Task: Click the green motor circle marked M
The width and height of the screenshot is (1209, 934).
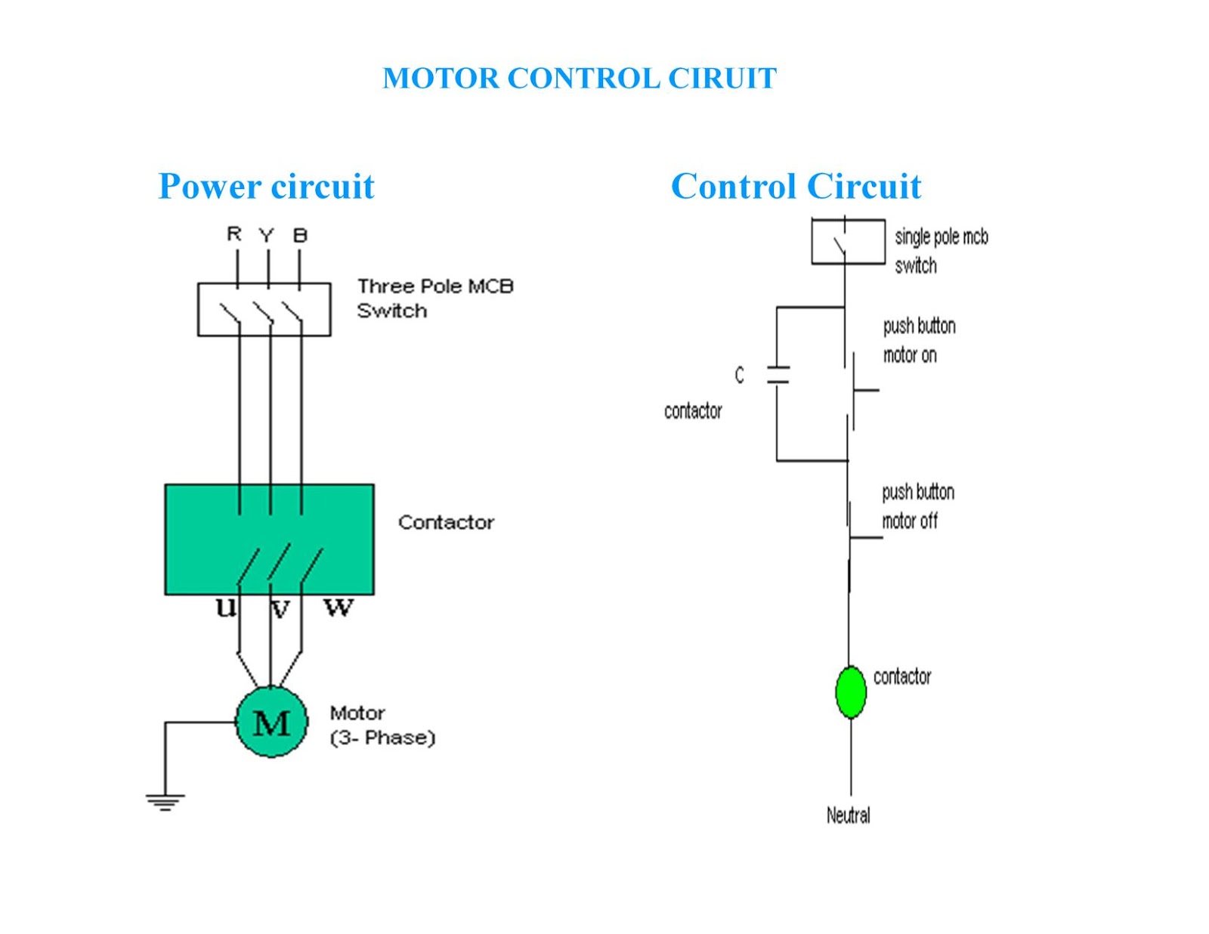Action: click(x=271, y=722)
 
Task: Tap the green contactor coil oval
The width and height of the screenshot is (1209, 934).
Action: click(x=850, y=692)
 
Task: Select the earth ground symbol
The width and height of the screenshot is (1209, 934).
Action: click(x=165, y=803)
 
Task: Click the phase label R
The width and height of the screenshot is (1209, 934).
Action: click(x=234, y=233)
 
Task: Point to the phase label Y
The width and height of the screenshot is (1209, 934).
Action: click(x=267, y=236)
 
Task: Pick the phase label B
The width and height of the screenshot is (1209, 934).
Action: click(x=300, y=236)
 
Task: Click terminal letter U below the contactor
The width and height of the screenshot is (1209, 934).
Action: click(x=226, y=608)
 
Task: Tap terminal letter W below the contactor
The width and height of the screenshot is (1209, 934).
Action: click(x=339, y=608)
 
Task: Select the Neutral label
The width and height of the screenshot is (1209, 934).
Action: click(x=848, y=815)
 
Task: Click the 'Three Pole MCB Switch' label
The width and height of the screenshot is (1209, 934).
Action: click(x=435, y=298)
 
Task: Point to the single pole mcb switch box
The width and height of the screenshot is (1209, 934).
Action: click(x=848, y=241)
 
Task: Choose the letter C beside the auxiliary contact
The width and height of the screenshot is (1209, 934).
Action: click(x=739, y=375)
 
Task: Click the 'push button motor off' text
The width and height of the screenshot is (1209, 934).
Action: click(x=918, y=507)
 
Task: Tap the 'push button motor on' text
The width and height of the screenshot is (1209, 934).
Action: click(x=919, y=341)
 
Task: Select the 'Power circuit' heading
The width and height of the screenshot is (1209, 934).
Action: click(x=266, y=186)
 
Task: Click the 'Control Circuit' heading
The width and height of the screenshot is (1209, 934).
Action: click(x=796, y=186)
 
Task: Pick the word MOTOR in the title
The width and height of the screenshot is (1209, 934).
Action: click(x=441, y=78)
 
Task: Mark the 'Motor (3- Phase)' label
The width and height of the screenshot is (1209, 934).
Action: click(x=382, y=725)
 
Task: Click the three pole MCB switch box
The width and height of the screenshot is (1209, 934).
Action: click(x=264, y=309)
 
